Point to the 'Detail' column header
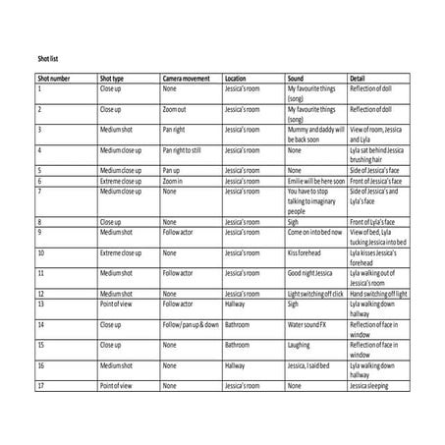tap(358, 78)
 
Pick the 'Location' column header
tap(236, 78)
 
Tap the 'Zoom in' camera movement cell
tap(174, 181)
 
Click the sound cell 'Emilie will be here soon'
tap(315, 181)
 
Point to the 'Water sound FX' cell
tap(308, 323)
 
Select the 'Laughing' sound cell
tap(299, 344)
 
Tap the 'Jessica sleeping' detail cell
tap(371, 386)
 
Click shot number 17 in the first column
tap(41, 386)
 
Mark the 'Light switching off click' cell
tap(315, 293)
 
